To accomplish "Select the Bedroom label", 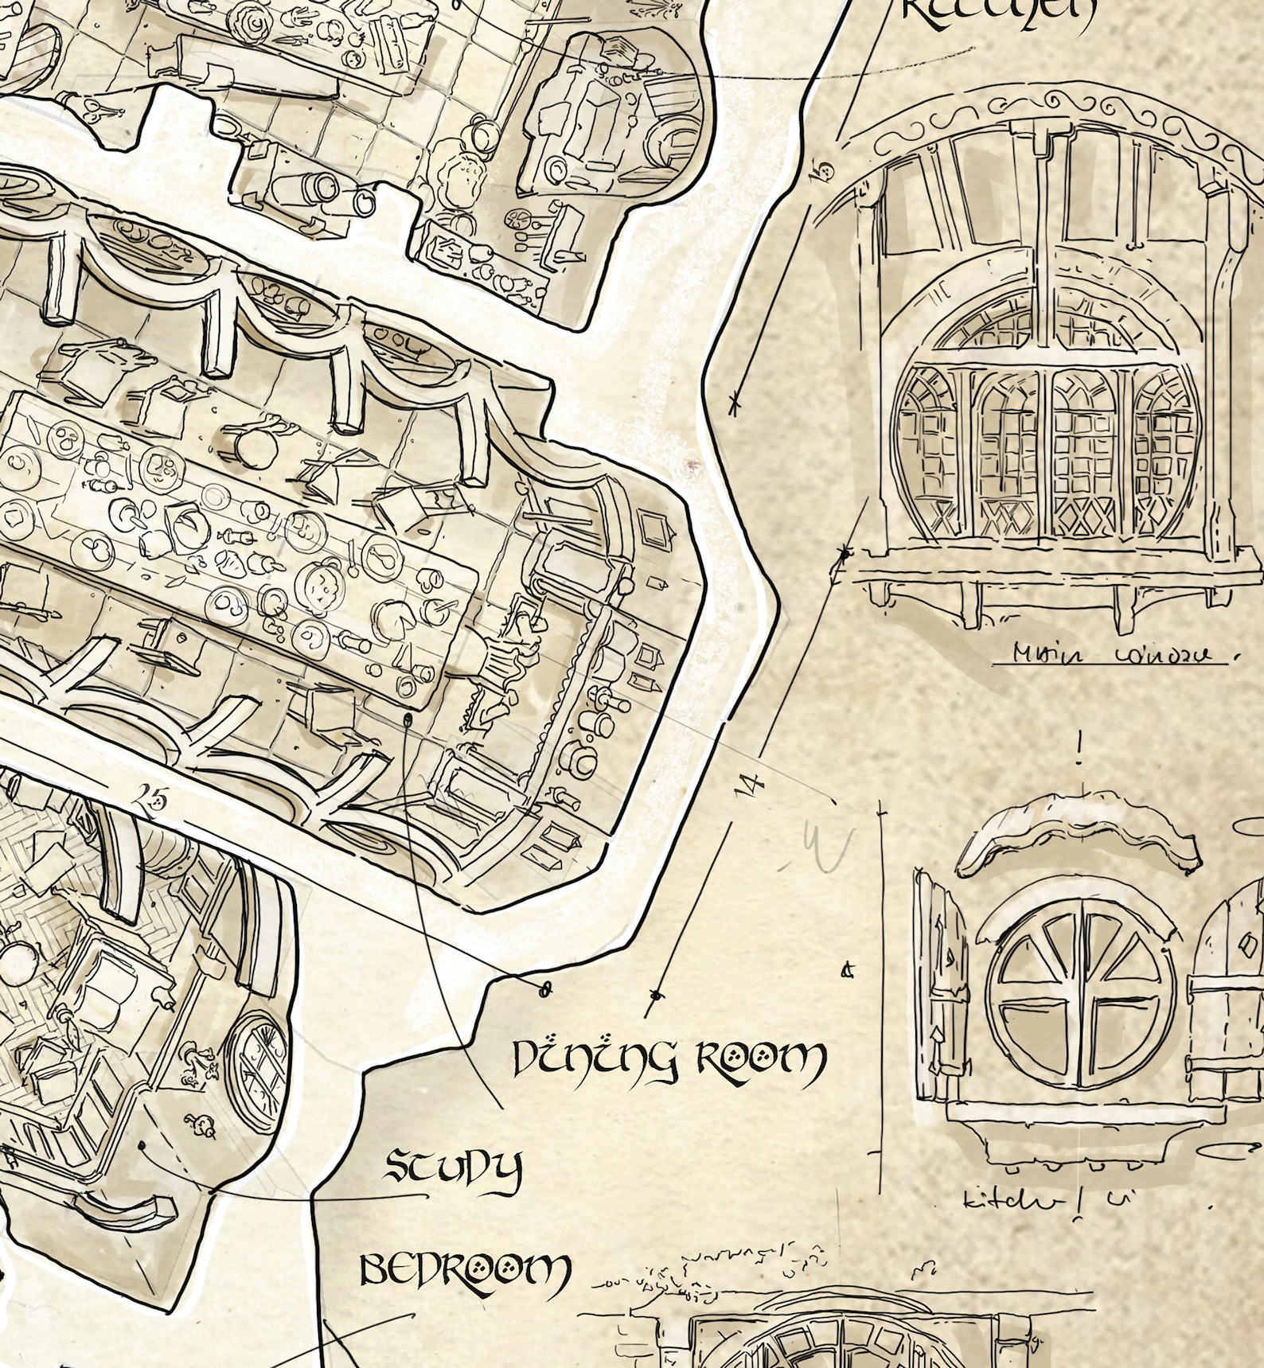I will tap(465, 1270).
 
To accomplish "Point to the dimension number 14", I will tap(748, 785).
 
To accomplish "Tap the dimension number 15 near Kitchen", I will tap(822, 170).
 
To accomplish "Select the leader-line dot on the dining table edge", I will tap(408, 719).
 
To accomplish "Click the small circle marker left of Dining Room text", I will tap(546, 989).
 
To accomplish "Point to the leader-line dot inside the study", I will tap(142, 1146).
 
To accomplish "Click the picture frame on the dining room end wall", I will tap(655, 529).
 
